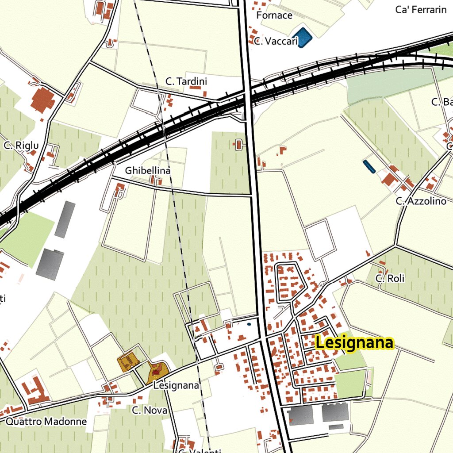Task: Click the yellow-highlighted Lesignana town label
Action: pos(354,343)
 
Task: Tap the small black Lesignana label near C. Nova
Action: pos(176,386)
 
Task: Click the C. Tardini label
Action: pos(186,81)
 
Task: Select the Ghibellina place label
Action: pos(148,170)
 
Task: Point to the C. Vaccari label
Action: pos(276,42)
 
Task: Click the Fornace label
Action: pos(274,15)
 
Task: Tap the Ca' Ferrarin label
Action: pos(421,10)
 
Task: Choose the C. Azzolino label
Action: pos(421,201)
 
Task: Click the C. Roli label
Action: pos(390,279)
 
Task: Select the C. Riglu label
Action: pos(21,146)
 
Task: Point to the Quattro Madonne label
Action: pos(46,422)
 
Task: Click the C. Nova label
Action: pos(150,411)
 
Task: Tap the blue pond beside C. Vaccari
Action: pos(302,38)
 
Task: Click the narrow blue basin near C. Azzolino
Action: pos(369,167)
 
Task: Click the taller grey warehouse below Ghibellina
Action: pos(65,219)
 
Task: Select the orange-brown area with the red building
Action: pos(157,372)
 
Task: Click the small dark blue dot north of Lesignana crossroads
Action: pos(249,324)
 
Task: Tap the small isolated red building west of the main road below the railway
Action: pos(239,144)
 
